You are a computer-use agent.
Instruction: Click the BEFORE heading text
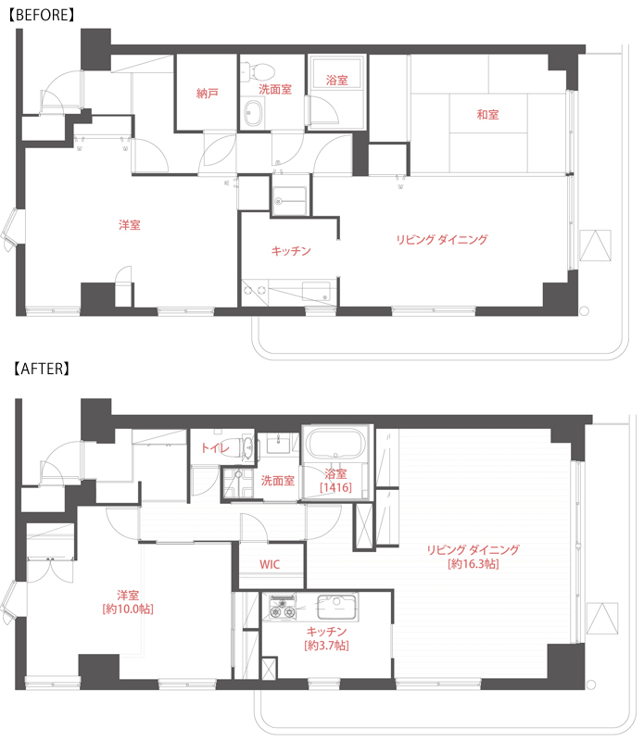[42, 15]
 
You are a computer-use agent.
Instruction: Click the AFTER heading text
[41, 369]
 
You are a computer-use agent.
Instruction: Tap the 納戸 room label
[208, 94]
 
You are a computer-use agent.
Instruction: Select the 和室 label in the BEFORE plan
[487, 114]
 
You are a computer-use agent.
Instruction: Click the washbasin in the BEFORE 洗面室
[252, 113]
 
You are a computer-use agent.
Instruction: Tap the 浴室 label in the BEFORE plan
[336, 81]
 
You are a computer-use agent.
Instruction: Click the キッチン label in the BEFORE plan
[291, 250]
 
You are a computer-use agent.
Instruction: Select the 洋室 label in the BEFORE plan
[130, 225]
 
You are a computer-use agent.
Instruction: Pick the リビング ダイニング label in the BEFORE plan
[442, 240]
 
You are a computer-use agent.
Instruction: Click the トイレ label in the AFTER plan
[215, 447]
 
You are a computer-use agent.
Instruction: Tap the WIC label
[270, 564]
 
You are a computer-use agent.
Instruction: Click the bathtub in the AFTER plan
[335, 444]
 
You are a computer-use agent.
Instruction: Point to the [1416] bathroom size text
[335, 487]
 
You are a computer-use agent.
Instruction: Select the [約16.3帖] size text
[473, 564]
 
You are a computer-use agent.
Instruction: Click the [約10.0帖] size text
[128, 609]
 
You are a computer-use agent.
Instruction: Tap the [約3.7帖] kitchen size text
[326, 645]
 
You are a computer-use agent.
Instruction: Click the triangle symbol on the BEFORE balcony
[595, 245]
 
